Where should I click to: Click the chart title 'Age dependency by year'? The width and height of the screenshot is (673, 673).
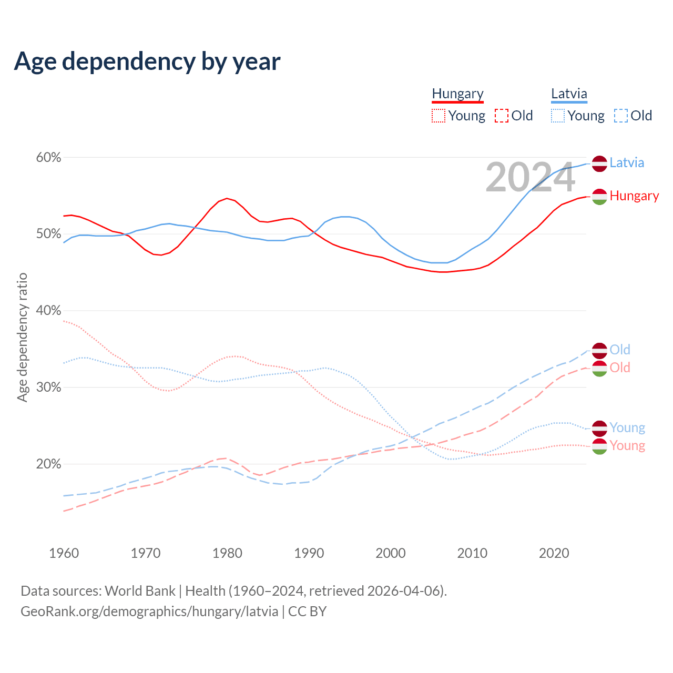tap(147, 62)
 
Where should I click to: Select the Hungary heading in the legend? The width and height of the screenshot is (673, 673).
tap(457, 94)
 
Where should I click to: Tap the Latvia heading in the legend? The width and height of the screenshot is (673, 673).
tap(569, 94)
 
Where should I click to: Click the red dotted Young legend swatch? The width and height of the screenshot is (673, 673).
tap(438, 116)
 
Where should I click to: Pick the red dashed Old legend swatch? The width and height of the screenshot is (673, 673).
tap(502, 116)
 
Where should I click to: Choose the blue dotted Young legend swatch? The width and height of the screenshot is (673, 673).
tap(558, 116)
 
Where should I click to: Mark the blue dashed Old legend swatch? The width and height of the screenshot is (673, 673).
tap(621, 116)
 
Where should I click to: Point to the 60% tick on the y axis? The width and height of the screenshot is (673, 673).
tap(48, 157)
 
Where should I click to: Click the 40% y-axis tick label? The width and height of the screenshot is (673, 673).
tap(48, 310)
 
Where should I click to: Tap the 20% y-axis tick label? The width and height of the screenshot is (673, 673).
tap(48, 464)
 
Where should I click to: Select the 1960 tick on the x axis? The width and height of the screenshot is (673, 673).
tap(64, 553)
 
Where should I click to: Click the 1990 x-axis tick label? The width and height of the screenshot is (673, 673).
tap(309, 553)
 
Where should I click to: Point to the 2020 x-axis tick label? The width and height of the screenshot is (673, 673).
tap(554, 553)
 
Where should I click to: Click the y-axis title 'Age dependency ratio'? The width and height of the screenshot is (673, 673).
tap(22, 337)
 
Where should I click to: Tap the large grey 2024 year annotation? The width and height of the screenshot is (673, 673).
tap(530, 177)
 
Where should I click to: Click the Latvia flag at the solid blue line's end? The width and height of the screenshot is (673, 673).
tap(599, 164)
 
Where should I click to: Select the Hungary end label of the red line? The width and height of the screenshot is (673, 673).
tap(634, 196)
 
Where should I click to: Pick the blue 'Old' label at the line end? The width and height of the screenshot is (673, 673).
tap(620, 350)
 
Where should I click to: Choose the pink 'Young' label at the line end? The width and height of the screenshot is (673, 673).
tap(627, 446)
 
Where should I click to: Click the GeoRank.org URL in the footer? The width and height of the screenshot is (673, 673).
tap(149, 611)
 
